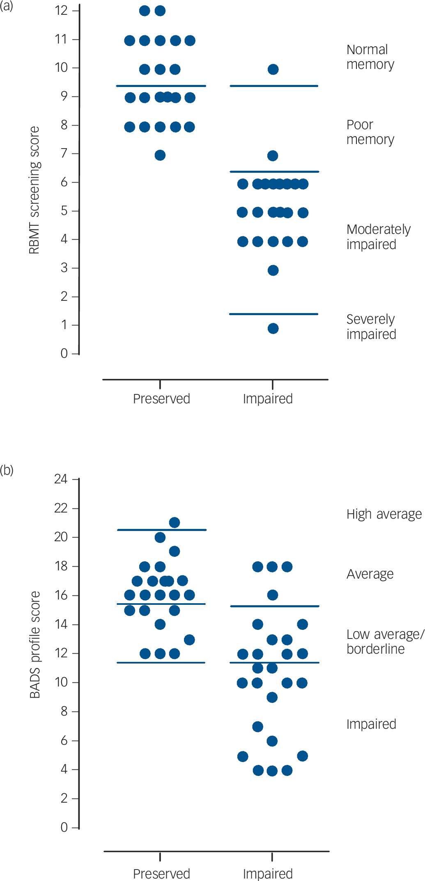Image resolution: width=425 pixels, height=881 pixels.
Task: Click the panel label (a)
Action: click(x=7, y=6)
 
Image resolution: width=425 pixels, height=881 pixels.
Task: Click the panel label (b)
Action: click(x=7, y=470)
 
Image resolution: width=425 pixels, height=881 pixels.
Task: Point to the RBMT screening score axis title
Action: click(x=34, y=190)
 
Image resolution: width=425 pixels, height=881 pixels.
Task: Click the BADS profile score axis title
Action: click(x=35, y=645)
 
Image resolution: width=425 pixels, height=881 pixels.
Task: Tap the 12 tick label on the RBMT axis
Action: click(x=61, y=11)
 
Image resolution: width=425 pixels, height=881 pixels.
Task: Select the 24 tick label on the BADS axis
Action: click(x=61, y=479)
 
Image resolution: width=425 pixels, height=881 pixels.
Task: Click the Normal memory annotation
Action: click(x=370, y=57)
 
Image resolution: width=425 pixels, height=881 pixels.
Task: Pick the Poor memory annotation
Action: click(x=370, y=132)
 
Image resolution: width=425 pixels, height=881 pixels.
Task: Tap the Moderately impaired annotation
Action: click(x=378, y=237)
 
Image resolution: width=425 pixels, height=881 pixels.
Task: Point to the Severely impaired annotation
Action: click(x=371, y=327)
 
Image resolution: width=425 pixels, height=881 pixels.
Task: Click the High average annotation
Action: click(x=384, y=514)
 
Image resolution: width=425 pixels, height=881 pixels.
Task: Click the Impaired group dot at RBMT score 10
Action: click(x=273, y=69)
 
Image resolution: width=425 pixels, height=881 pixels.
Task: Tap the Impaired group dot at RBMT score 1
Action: click(x=273, y=328)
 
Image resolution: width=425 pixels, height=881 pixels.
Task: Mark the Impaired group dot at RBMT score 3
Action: click(x=273, y=270)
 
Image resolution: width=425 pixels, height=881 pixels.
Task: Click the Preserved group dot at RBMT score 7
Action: click(x=160, y=155)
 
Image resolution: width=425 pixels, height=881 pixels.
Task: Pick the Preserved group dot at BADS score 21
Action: click(x=175, y=522)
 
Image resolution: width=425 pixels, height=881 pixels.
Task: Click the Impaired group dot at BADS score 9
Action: click(x=272, y=697)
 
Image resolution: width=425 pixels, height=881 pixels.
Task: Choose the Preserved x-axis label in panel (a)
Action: click(x=161, y=399)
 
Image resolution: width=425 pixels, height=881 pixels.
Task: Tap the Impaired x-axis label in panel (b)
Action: click(x=268, y=874)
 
